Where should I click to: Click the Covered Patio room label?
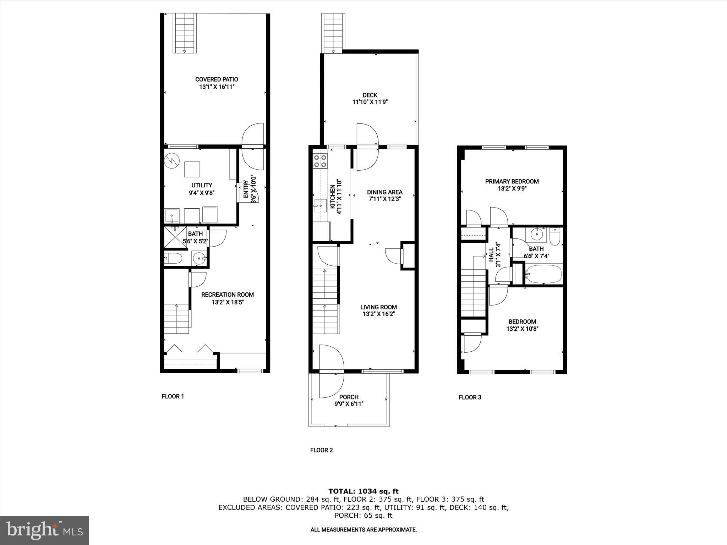(217, 79)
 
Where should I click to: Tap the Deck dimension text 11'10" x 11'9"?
(370, 102)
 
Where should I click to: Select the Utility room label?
(202, 185)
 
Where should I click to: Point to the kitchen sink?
(320, 205)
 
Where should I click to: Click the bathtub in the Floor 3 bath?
(543, 274)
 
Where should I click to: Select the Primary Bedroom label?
(512, 181)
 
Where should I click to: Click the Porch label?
(349, 397)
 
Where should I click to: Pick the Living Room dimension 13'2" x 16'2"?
(378, 314)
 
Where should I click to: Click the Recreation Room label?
(228, 294)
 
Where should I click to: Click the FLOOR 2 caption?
(321, 450)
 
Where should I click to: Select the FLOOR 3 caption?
(470, 397)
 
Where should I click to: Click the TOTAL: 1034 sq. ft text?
(363, 491)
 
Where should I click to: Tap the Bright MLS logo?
(44, 530)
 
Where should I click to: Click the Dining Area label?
(384, 192)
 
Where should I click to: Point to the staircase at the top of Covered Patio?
(185, 33)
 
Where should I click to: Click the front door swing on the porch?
(332, 371)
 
